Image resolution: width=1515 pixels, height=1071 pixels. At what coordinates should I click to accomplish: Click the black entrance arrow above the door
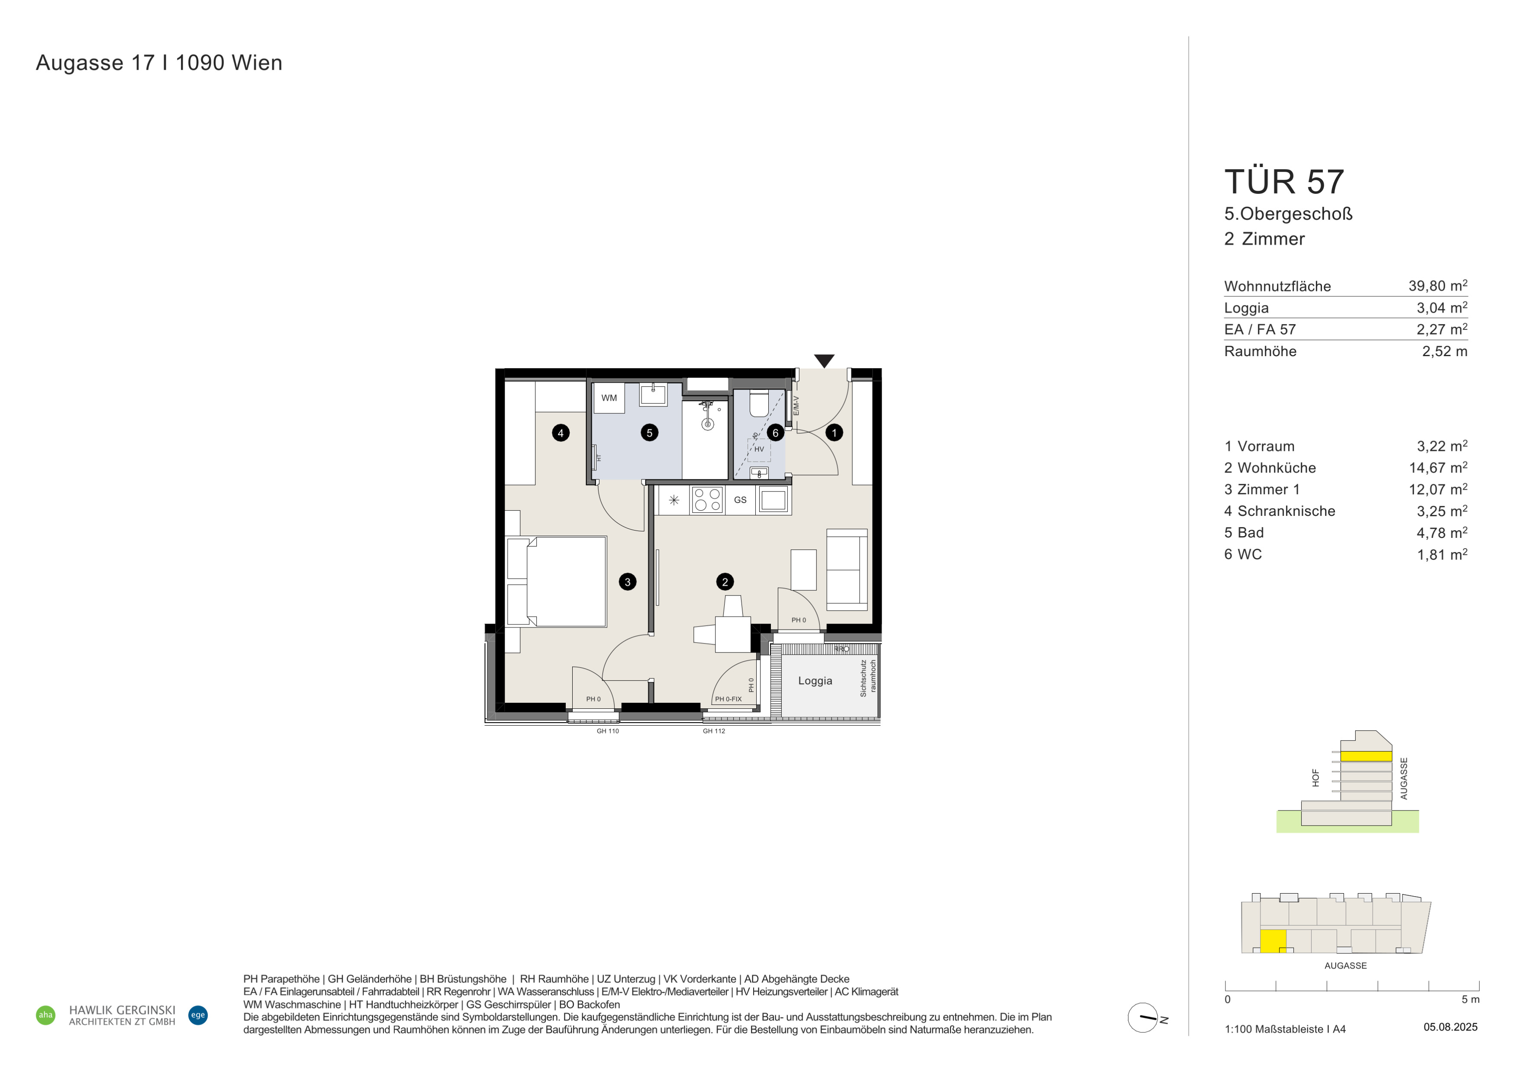[x=824, y=360]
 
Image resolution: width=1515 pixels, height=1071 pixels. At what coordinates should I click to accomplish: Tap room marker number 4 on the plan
[x=561, y=433]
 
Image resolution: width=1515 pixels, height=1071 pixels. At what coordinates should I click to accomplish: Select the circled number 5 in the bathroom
[x=649, y=433]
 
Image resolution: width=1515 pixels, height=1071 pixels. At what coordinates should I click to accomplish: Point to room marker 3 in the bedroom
[x=628, y=582]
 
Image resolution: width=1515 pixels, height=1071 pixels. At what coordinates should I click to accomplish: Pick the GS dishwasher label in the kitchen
[x=740, y=500]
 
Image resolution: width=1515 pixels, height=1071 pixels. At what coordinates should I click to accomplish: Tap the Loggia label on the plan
[x=815, y=681]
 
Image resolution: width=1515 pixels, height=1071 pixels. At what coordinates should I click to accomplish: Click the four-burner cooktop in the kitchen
[x=707, y=500]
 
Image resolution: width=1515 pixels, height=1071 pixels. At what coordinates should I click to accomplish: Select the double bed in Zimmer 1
[x=556, y=582]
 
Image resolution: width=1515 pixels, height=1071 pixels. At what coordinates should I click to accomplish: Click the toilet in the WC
[x=759, y=404]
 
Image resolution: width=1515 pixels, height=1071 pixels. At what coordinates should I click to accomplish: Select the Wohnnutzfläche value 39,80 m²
[x=1438, y=286]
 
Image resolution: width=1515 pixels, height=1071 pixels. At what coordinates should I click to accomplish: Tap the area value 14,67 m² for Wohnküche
[x=1438, y=468]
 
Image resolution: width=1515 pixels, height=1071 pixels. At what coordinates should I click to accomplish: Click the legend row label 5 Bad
[x=1244, y=533]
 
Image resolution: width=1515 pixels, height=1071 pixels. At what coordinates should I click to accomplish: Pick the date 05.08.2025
[x=1451, y=1027]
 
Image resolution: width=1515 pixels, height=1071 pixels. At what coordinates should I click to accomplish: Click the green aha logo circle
[x=45, y=1015]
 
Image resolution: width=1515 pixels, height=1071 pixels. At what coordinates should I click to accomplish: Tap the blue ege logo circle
[x=198, y=1015]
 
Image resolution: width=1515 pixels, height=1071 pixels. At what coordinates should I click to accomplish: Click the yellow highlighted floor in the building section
[x=1366, y=756]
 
